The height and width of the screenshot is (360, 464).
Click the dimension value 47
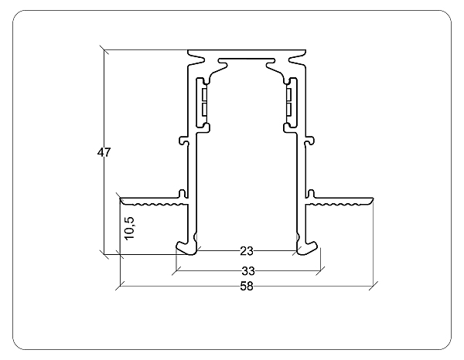[104, 152]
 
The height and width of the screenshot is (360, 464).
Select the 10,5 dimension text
[130, 229]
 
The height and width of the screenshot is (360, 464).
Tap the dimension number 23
[247, 251]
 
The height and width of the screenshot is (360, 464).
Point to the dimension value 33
[247, 271]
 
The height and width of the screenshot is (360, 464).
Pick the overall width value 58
[247, 287]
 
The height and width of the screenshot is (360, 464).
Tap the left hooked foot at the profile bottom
[186, 246]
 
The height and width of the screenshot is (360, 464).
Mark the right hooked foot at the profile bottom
[309, 246]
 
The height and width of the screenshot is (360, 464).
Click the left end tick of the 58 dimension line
[120, 287]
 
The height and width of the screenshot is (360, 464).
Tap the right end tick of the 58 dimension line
[374, 287]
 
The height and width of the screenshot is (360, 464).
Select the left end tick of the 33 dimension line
[176, 271]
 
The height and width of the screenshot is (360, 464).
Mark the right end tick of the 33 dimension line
[319, 271]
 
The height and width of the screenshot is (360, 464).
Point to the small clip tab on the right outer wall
[311, 141]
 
